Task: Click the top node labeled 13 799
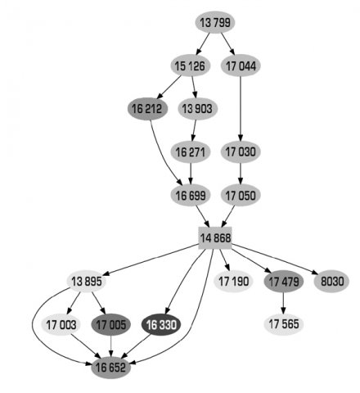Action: coord(215,22)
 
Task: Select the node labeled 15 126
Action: coord(191,65)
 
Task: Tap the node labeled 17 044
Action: coord(241,65)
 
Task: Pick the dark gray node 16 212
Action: coord(147,109)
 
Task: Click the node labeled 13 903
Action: coord(197,109)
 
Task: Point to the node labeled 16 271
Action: coord(191,152)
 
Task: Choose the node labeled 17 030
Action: coord(241,152)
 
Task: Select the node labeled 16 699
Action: coord(191,196)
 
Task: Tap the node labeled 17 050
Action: coord(241,196)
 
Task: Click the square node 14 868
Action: coord(215,238)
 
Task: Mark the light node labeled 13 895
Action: coord(87,282)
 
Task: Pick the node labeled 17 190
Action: coord(234,282)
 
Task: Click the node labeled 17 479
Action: coord(284,282)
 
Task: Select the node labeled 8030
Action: coord(332,282)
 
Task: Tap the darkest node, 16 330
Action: coord(161,324)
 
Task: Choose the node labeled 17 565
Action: coord(284,324)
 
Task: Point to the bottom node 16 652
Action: coord(111,368)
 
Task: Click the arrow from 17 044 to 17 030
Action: coord(241,109)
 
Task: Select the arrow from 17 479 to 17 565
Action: coord(283,303)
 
